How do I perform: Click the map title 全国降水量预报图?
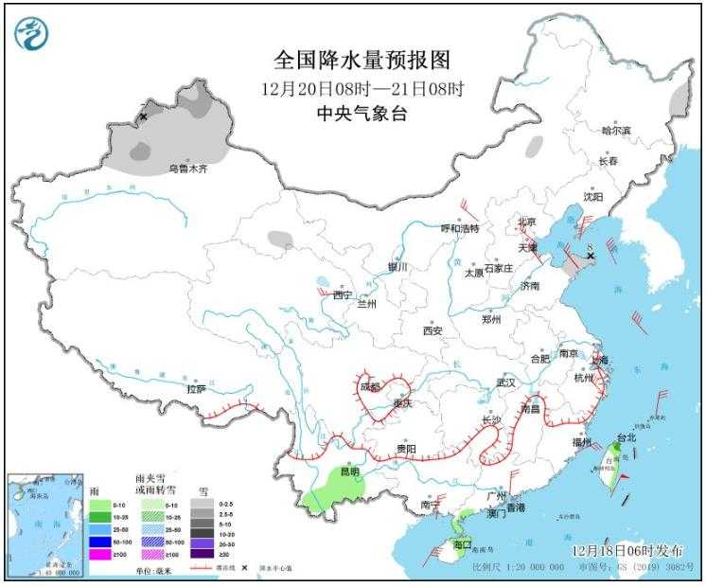[362, 61]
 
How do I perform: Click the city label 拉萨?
[196, 388]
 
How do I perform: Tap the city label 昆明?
[350, 471]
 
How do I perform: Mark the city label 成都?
[370, 386]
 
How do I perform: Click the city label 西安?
[432, 330]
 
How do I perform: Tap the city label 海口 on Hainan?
[462, 545]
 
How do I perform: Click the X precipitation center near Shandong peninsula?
[590, 256]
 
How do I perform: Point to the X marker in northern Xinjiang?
[144, 116]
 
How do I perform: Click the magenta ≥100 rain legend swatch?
[97, 553]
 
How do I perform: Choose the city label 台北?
[627, 438]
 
